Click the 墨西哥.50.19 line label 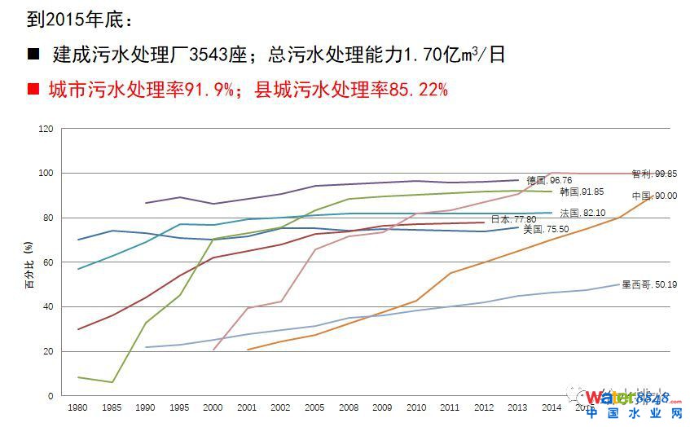coord(644,285)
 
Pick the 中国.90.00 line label coord(653,196)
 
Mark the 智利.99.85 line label coord(653,174)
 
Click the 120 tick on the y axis coord(46,129)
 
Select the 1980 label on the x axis coord(78,407)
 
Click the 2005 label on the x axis coord(314,407)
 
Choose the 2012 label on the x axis coord(484,407)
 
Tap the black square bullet coord(33,55)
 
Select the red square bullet coord(33,89)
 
